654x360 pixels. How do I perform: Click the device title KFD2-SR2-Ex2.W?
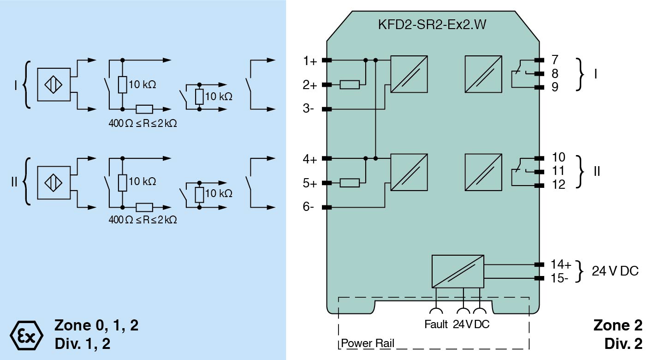click(x=432, y=26)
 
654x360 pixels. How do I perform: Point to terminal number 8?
click(x=555, y=73)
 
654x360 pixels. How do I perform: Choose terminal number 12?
click(x=558, y=185)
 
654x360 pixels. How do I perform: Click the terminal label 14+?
click(x=561, y=265)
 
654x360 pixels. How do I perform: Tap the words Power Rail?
click(x=367, y=344)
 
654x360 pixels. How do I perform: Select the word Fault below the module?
click(x=436, y=324)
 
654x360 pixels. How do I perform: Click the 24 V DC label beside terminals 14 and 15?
click(x=615, y=271)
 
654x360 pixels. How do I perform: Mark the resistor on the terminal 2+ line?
click(x=350, y=84)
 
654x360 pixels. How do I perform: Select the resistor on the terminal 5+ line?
click(x=350, y=183)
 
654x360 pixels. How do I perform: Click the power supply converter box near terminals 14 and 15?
click(x=458, y=271)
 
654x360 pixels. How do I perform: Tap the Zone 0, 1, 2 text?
click(x=96, y=325)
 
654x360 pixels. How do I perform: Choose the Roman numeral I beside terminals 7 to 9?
click(x=595, y=73)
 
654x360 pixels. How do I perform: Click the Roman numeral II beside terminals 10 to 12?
click(x=596, y=171)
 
